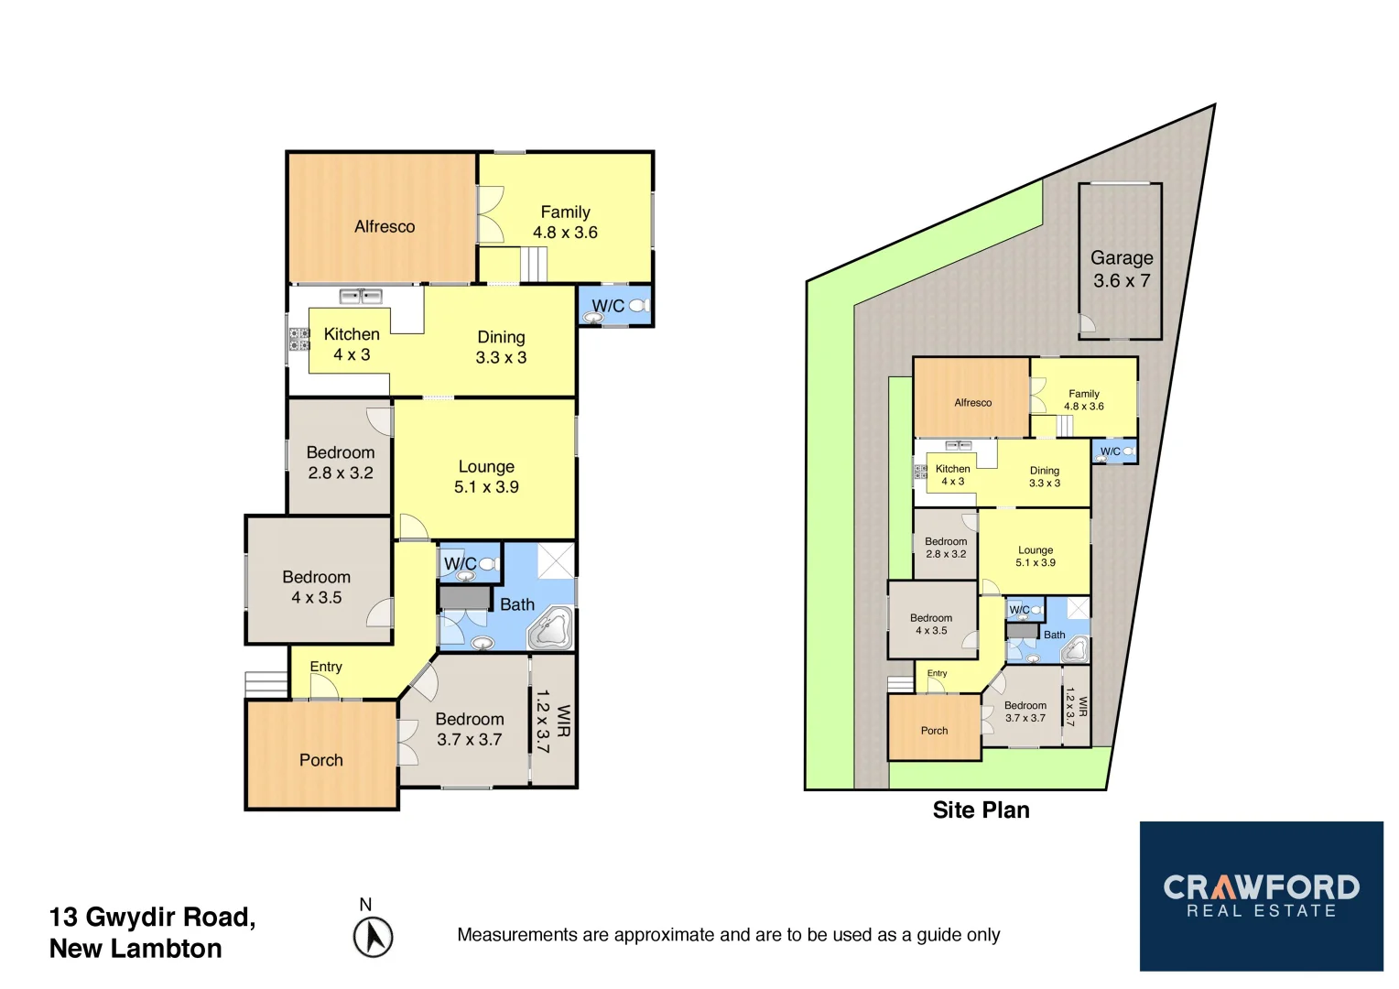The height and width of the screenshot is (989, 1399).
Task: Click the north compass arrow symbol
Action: (373, 937)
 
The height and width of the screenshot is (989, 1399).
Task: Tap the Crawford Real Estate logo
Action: (1261, 896)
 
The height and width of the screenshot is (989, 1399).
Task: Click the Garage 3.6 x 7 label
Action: (1121, 269)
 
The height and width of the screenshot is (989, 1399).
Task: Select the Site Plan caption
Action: (981, 810)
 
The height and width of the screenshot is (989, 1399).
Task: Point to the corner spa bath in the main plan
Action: (551, 628)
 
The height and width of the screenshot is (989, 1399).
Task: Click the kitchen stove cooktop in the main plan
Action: (299, 340)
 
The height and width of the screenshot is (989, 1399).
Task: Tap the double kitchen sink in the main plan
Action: (361, 295)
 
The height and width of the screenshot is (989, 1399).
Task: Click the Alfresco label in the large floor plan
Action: (385, 226)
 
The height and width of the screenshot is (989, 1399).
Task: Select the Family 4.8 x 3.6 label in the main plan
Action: (565, 223)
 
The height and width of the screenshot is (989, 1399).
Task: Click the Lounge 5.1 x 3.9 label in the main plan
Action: (486, 477)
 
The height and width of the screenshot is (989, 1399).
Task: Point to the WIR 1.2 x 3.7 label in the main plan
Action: (552, 721)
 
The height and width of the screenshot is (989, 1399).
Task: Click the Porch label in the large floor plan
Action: (321, 760)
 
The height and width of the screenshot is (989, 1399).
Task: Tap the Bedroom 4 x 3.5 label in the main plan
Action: (317, 587)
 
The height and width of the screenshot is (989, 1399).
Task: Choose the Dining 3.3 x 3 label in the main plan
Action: (501, 347)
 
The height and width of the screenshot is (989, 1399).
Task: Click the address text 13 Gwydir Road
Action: (152, 917)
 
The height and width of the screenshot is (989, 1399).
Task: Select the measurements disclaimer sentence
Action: (728, 935)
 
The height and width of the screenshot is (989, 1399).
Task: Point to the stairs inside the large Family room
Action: (534, 265)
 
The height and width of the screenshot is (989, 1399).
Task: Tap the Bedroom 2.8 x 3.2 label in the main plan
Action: (341, 462)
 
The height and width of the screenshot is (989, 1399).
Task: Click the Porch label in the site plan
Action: (934, 731)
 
